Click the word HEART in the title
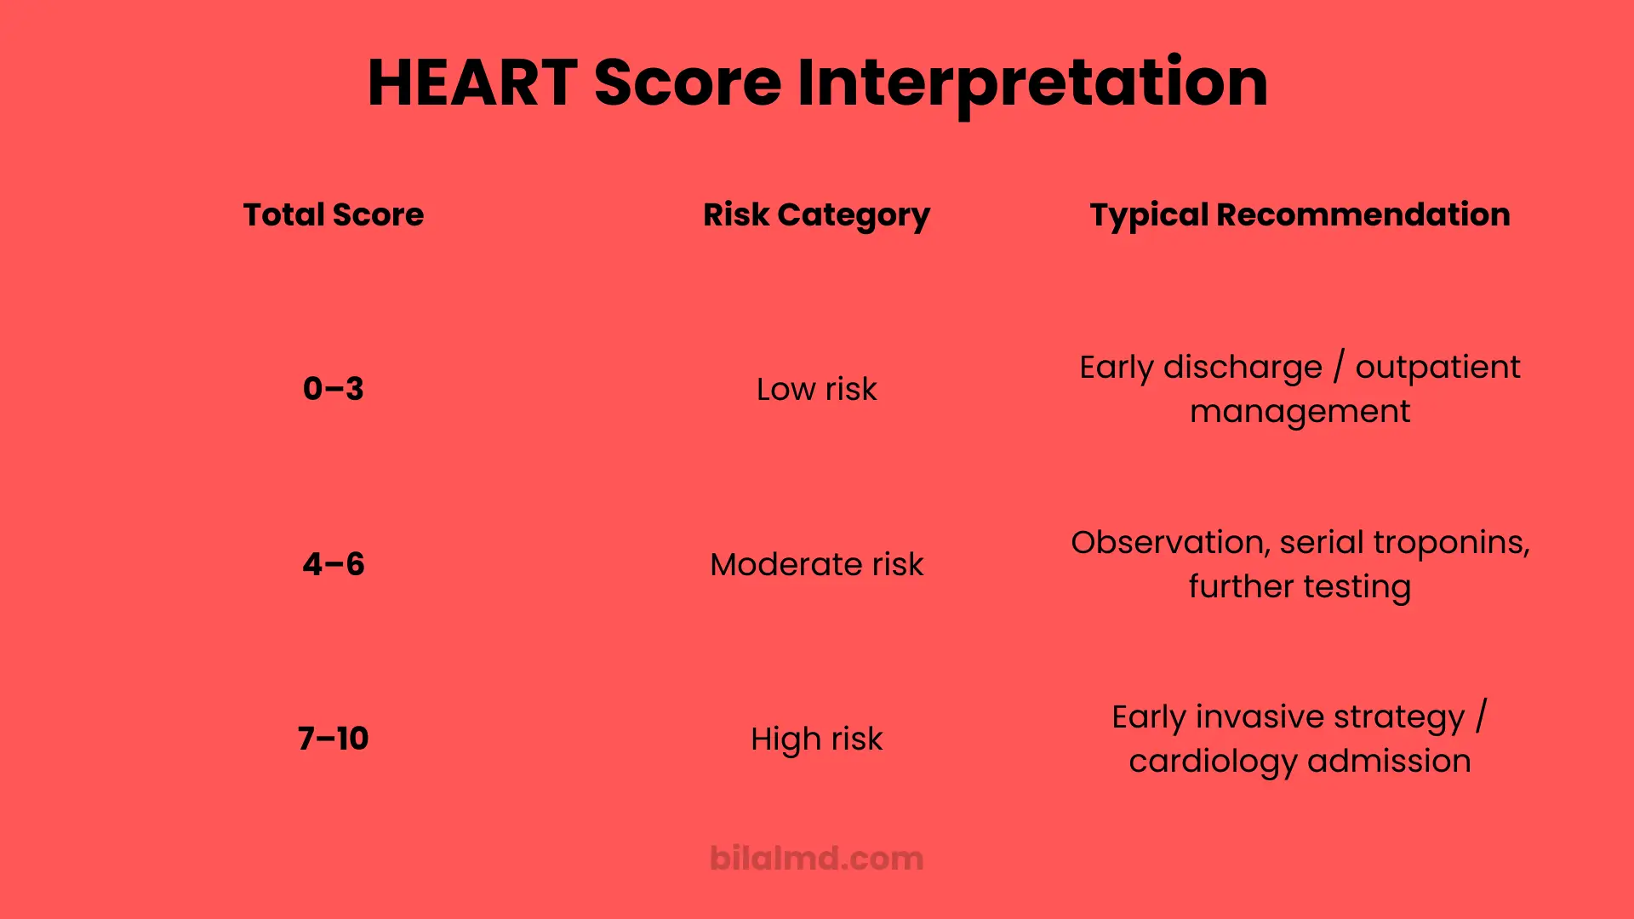(472, 83)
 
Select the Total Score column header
(333, 214)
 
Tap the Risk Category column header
(816, 214)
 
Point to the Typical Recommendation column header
(1300, 214)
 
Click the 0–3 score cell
(333, 389)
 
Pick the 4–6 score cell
(333, 564)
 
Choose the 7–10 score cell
(333, 739)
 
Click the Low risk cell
(816, 389)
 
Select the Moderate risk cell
(816, 564)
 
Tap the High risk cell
(816, 739)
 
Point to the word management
(1300, 412)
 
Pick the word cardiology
(1213, 762)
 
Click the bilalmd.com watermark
(816, 858)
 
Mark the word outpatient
(1437, 368)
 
